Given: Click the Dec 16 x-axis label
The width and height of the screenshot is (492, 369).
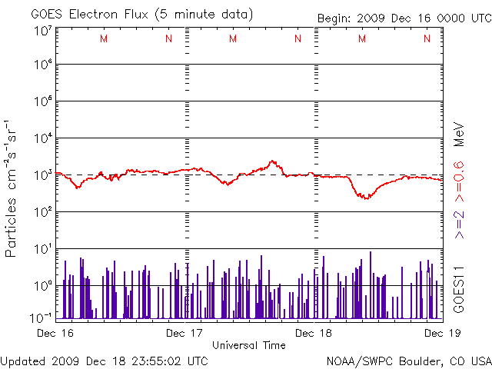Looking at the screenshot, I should (56, 332).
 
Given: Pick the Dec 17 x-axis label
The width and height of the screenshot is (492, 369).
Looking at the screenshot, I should (185, 332).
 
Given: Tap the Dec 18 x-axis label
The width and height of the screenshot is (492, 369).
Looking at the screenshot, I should (314, 332).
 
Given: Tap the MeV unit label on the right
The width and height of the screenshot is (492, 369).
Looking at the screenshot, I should (457, 134).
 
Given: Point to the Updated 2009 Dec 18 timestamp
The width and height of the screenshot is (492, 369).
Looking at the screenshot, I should (105, 360).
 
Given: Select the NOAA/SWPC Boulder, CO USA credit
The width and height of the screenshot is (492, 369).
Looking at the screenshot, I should (408, 360).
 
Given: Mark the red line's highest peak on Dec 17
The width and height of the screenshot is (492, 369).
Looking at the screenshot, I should (272, 161).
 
